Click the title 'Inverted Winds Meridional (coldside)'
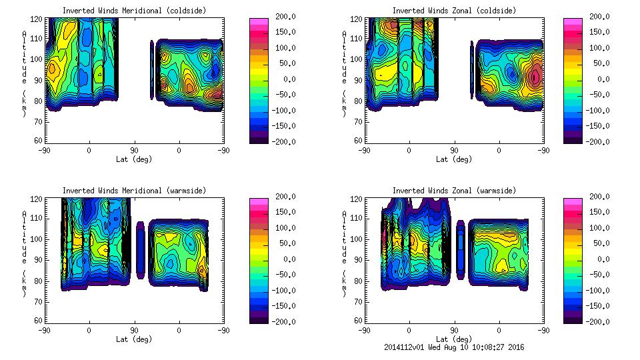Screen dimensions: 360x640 134,11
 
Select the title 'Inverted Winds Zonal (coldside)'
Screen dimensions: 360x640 454,11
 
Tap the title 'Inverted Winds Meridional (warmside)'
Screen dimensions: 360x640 134,191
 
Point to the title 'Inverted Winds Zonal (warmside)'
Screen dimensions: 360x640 454,191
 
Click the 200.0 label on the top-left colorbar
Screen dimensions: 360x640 285,17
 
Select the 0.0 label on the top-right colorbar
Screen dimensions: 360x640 603,79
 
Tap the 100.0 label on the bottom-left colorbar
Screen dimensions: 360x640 285,228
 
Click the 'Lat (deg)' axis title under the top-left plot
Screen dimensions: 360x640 134,159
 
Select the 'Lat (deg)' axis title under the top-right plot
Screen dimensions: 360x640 454,159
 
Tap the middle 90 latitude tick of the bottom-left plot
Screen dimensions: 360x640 134,330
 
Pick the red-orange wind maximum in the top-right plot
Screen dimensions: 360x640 535,77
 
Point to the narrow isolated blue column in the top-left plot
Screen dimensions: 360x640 152,70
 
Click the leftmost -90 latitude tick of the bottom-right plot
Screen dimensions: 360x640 364,330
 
